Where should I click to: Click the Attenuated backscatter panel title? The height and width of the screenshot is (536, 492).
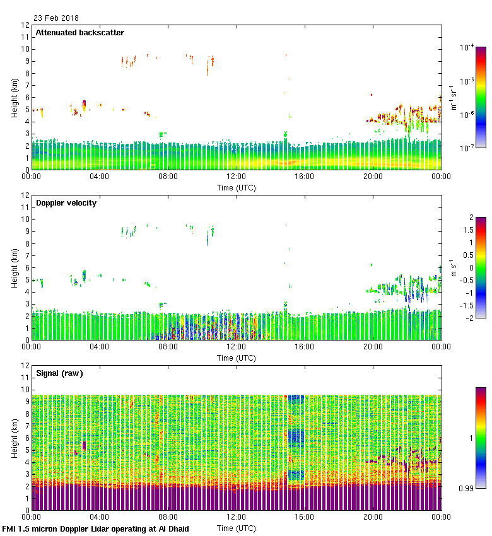pos(79,32)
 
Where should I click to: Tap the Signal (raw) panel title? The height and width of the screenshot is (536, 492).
pos(59,373)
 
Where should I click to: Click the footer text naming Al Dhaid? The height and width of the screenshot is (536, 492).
pos(96,528)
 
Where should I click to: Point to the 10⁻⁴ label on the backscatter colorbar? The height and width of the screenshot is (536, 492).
pos(468,47)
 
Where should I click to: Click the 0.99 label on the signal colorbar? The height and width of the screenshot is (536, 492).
pos(467,488)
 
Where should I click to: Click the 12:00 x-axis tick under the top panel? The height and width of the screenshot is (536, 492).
pos(236,177)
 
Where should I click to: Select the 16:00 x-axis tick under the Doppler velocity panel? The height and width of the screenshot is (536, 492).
pos(304,347)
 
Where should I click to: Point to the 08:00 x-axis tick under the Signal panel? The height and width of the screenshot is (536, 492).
pos(168,517)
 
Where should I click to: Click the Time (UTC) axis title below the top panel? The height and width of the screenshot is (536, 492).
pos(237,187)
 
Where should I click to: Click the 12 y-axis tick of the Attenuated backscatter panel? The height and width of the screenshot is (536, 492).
pos(26,25)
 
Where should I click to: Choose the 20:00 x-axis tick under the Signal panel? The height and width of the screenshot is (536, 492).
pos(372,517)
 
